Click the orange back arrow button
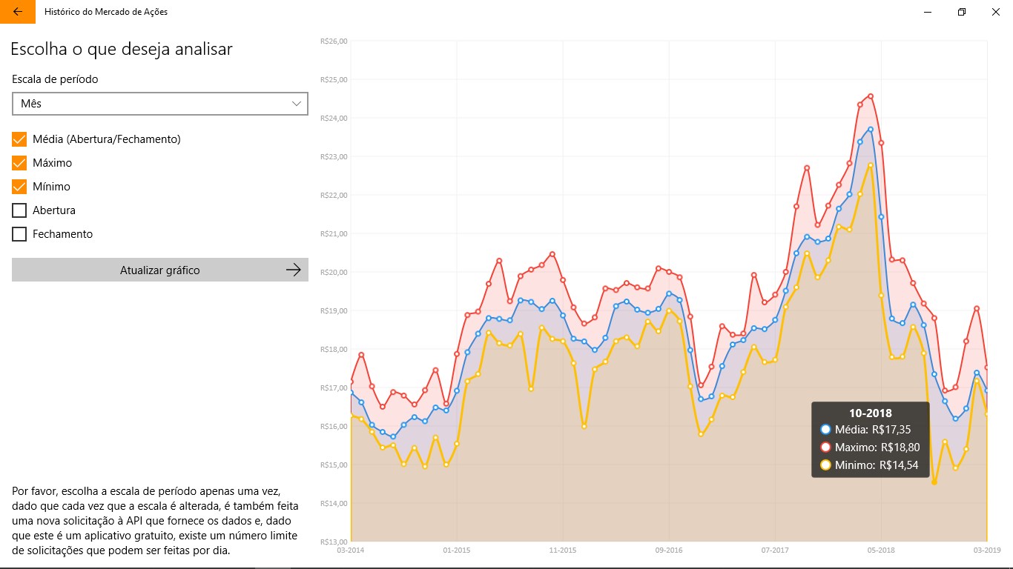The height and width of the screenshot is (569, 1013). pos(18,12)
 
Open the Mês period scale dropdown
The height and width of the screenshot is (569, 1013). pos(160,104)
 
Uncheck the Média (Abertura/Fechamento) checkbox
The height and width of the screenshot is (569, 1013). pos(19,139)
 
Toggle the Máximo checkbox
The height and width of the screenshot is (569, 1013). pos(19,163)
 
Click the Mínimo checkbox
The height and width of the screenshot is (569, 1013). pos(19,187)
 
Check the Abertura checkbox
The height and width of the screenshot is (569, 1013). pos(19,210)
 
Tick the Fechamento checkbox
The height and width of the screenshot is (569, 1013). pos(19,234)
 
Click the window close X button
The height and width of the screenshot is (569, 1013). pos(995,12)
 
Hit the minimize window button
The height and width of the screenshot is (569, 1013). pos(928,12)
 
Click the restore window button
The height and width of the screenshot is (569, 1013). pos(962,12)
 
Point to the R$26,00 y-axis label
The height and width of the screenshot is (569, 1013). pos(333,41)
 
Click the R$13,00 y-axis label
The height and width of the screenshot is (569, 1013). pos(333,542)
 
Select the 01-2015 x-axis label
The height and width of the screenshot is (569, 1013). pos(457,550)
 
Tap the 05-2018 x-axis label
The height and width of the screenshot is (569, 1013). pos(881,550)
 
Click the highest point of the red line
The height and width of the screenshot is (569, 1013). pos(871,96)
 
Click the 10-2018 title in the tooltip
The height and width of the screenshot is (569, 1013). pos(871,413)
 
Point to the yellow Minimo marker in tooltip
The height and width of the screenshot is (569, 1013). pos(825,466)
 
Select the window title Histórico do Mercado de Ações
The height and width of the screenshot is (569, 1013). pos(106,12)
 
